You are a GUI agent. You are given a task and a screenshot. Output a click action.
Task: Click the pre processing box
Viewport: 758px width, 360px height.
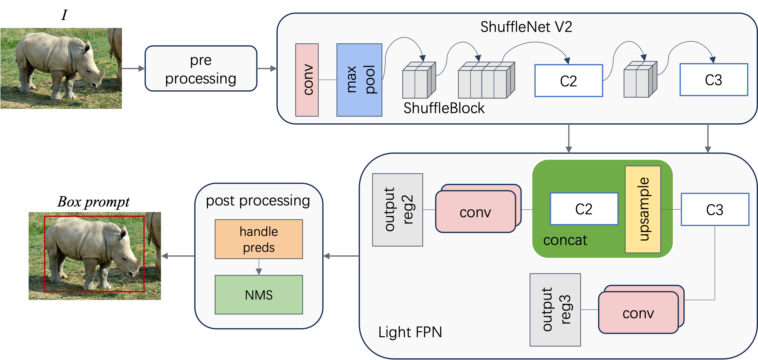click(201, 68)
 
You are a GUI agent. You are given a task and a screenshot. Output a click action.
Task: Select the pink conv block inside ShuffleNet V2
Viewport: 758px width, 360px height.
click(307, 80)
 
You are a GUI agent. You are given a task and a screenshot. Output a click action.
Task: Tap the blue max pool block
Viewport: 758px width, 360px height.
click(359, 80)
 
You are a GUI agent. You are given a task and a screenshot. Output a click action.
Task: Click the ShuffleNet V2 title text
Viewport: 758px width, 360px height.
click(526, 27)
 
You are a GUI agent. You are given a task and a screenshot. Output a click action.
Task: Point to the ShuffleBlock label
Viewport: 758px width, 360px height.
click(444, 108)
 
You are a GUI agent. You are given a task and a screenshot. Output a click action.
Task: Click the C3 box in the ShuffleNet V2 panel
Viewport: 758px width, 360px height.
click(714, 80)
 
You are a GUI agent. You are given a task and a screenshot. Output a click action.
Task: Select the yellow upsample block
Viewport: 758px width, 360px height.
click(643, 209)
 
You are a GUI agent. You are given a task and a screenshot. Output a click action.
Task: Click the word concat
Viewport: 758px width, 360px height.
click(565, 240)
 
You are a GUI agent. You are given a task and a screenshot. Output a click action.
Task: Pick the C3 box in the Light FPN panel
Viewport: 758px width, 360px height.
click(715, 209)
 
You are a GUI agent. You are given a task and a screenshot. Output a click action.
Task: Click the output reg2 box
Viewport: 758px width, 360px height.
click(398, 210)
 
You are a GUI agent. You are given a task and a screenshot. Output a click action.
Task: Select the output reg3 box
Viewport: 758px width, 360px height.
click(555, 310)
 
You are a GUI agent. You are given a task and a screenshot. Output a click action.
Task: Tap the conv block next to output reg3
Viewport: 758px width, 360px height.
click(638, 313)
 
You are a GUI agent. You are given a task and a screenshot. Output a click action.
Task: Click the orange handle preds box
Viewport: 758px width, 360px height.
click(259, 239)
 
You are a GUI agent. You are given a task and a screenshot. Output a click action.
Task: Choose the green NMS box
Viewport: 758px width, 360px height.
click(259, 295)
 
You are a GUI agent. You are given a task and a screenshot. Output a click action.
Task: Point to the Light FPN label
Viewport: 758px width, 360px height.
click(410, 332)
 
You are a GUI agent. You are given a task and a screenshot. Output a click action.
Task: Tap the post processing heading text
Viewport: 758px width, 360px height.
click(258, 201)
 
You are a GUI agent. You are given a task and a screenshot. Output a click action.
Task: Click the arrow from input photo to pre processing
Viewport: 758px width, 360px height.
click(133, 68)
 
